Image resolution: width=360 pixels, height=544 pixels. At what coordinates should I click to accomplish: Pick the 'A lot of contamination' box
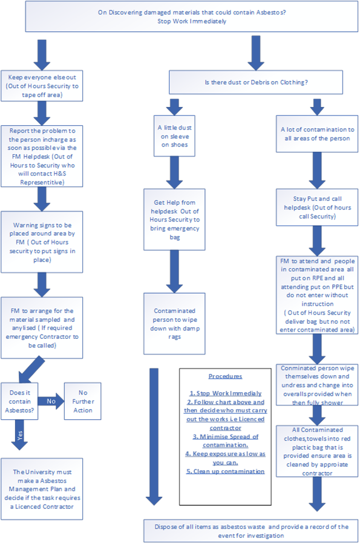point(318,134)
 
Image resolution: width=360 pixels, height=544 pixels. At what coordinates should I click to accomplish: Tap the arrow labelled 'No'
point(50,401)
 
